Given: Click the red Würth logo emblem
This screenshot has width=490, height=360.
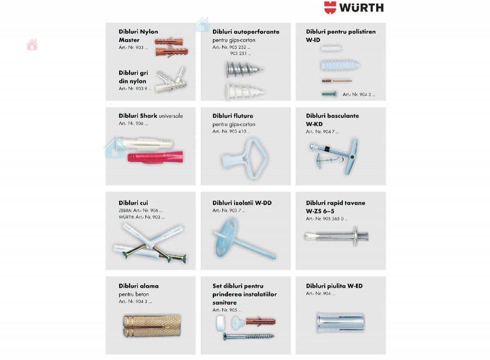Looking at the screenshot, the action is coord(330,8).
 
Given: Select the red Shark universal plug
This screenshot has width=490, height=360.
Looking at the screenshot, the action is coord(155,158).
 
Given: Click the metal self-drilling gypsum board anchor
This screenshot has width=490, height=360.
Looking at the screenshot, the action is coord(244,69).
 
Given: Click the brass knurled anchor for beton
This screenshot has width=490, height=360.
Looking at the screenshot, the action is coord(151,326).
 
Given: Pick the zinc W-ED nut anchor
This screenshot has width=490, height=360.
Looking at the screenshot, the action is coord(341,322).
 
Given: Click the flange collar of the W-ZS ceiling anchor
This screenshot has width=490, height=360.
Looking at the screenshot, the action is coord(354,236).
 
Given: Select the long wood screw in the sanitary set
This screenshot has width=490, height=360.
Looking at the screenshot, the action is coord(249,336).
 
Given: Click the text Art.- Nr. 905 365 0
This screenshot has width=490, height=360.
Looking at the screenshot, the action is coord(327,218).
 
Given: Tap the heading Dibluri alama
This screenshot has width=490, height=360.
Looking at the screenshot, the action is coord(139,286).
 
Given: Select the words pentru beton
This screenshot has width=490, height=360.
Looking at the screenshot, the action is coord(134,294).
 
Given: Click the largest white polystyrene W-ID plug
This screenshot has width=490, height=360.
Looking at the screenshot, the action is coord(340,65).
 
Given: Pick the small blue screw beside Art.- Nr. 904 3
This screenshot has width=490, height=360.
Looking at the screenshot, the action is coord(329,94).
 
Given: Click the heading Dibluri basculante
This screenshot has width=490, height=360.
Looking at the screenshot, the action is coord(332,116).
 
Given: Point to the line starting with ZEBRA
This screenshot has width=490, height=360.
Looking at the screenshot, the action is coord(140,210).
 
